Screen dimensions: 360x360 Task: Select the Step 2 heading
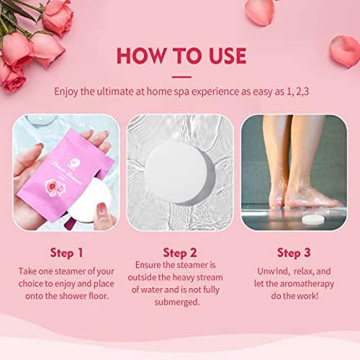point(180,254)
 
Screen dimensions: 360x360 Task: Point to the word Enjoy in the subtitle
point(69,92)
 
